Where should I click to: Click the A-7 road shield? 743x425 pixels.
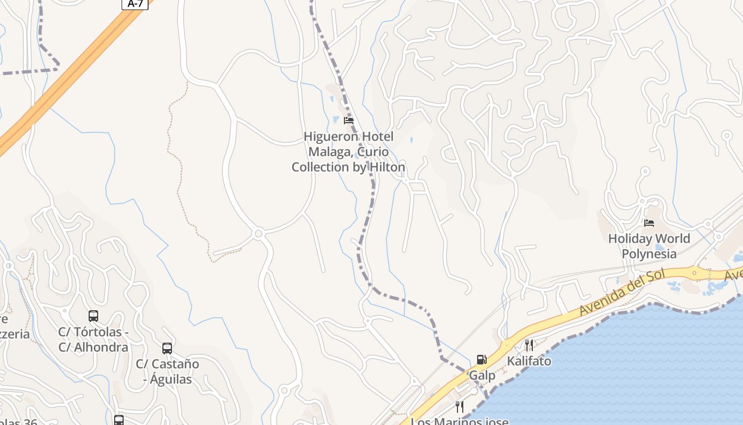pos(135,4)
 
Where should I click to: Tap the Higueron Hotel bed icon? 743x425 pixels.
pos(349,121)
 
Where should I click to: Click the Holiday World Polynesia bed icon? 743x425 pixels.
pos(649,223)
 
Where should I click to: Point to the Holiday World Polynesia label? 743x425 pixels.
pos(649,246)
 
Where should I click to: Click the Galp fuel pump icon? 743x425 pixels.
pos(481,360)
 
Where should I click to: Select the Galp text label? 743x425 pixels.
pos(482,376)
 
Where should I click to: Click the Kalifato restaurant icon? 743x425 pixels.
pos(529,346)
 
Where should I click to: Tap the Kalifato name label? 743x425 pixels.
pos(529,361)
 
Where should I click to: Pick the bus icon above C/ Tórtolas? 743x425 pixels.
pos(93,316)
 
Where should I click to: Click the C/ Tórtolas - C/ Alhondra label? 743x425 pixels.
pos(93,339)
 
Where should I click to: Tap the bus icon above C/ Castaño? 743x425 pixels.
pos(167,348)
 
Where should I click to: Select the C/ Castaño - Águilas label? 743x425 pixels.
pos(168,372)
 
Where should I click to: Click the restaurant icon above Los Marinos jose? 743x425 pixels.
pos(460,407)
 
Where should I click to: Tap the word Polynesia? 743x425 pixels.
pos(649,253)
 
